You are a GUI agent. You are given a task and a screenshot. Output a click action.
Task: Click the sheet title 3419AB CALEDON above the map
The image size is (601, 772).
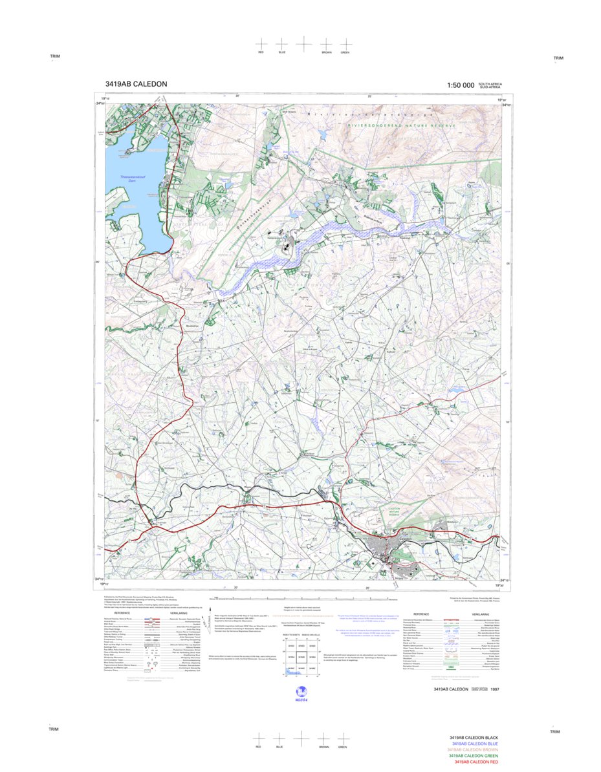[x=136, y=84]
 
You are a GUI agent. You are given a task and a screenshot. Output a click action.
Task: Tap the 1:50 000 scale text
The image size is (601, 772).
[x=460, y=85]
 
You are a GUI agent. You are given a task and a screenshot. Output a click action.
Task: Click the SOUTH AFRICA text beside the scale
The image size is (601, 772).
[x=490, y=83]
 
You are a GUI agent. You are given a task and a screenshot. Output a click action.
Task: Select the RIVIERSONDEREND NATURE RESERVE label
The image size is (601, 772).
[x=401, y=125]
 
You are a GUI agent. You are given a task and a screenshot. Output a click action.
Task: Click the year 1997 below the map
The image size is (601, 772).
[x=495, y=690]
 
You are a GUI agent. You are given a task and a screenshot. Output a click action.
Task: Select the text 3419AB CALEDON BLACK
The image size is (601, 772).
[x=474, y=737]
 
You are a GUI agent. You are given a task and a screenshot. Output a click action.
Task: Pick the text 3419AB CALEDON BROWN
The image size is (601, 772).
[x=473, y=749]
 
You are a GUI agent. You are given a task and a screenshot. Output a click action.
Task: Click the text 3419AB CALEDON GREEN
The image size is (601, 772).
[x=473, y=756]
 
